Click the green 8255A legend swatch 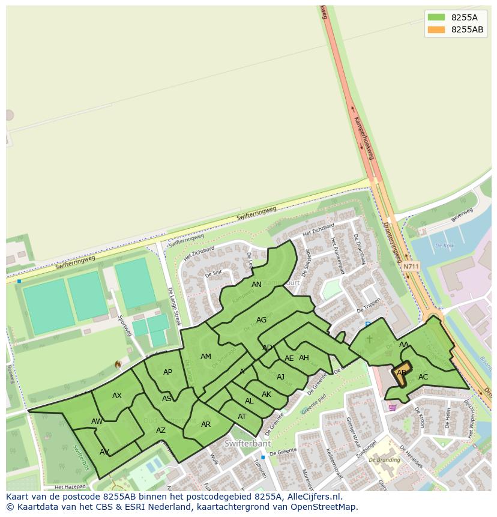point(436,17)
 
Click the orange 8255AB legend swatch point(436,29)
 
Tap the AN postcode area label point(256,285)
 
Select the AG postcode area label point(261,320)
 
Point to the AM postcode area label point(206,357)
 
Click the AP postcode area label point(167,372)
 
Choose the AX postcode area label point(117,396)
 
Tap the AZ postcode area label point(161,431)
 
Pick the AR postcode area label point(206,425)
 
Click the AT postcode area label point(242,417)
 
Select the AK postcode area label point(267,395)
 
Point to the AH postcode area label point(304,358)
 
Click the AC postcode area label point(423,377)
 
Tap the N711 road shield point(411,267)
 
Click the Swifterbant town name point(247,444)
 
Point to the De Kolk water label point(444,246)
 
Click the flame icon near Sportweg point(118,364)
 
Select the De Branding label point(384,460)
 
